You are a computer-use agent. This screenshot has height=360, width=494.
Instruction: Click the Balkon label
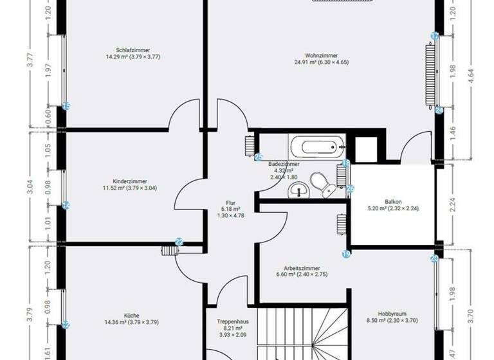392,201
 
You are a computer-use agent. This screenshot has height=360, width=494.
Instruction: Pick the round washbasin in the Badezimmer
298,189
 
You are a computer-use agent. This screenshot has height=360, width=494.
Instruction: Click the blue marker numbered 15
66,106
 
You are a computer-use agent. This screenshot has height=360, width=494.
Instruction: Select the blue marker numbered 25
259,156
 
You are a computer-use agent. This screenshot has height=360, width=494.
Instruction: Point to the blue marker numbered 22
179,242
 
